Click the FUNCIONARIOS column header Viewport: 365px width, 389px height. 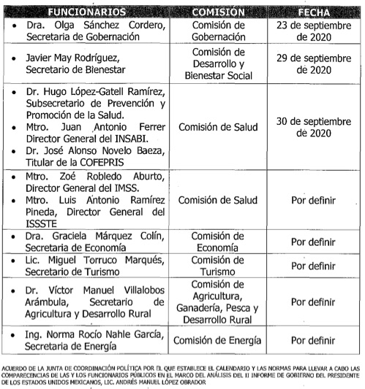pos(87,12)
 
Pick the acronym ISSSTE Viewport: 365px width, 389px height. pos(40,222)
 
